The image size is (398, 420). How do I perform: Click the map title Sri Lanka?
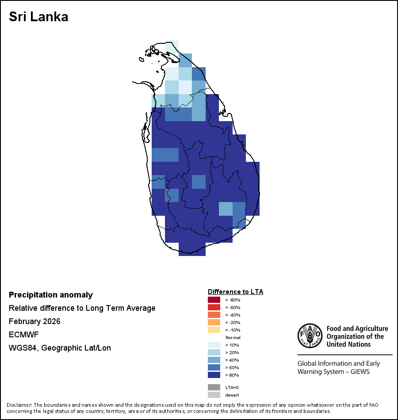(x=38, y=17)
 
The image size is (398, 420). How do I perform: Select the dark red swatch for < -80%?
(x=214, y=300)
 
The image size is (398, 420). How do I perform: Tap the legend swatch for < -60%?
(x=214, y=307)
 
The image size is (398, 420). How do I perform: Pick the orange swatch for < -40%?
(x=214, y=315)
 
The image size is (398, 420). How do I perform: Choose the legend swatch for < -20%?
(x=214, y=322)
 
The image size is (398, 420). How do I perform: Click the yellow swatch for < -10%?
(x=214, y=330)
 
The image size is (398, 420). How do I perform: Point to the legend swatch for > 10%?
(x=214, y=345)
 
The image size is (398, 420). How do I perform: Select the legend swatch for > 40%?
(x=214, y=360)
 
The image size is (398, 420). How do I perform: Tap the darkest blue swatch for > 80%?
(x=214, y=375)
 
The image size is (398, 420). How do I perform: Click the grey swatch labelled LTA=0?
(x=214, y=387)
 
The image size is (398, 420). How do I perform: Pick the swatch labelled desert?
(x=214, y=395)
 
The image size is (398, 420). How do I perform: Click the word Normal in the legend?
(x=233, y=338)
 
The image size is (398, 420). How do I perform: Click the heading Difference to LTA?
(x=235, y=292)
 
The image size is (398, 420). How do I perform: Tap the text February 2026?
(x=34, y=321)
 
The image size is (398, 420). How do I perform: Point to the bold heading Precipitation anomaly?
(x=51, y=295)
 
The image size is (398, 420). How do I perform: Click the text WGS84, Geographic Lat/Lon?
(x=60, y=348)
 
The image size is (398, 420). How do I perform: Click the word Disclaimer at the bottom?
(x=19, y=405)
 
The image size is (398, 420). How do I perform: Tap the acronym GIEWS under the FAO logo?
(x=359, y=372)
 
